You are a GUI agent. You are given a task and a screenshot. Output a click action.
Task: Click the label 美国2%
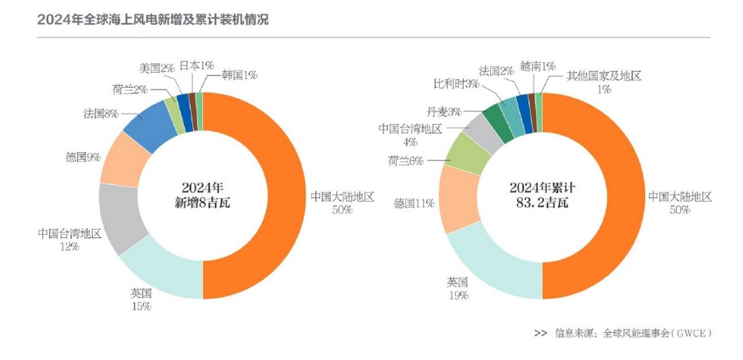157,68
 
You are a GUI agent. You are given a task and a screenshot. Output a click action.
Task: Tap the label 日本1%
197,66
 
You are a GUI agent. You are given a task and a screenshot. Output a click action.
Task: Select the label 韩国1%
240,74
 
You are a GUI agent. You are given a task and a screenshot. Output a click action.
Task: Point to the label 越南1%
538,66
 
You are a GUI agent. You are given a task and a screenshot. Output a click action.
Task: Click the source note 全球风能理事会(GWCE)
656,333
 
